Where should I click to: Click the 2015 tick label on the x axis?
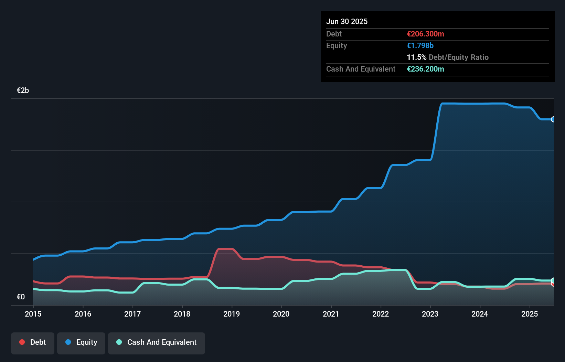(33, 314)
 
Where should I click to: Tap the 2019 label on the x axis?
(232, 314)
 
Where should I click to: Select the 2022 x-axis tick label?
(381, 314)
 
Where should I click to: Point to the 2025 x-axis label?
(530, 314)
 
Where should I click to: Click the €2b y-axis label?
(23, 90)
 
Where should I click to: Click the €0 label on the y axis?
(21, 297)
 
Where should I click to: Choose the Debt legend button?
(33, 342)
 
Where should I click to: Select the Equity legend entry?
(81, 342)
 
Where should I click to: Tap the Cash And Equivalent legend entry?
(157, 342)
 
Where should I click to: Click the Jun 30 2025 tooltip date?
(347, 22)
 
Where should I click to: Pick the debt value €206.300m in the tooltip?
(425, 34)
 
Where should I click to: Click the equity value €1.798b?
(420, 46)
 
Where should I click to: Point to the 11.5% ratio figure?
(416, 57)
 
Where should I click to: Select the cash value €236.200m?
(425, 69)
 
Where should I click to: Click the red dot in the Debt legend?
(22, 342)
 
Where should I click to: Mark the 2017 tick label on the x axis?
(132, 314)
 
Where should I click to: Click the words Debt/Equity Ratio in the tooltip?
(458, 57)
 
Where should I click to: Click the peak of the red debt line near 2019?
(225, 248)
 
